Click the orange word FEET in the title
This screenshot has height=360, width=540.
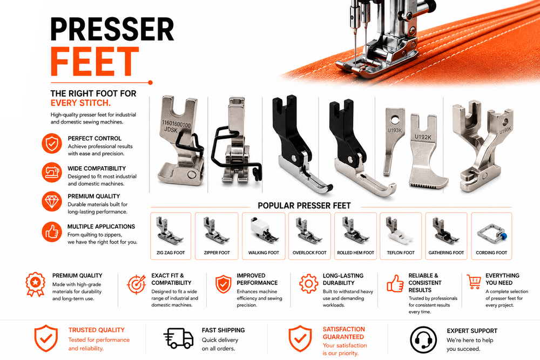pyautogui.click(x=94, y=62)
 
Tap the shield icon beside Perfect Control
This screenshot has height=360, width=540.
pyautogui.click(x=52, y=143)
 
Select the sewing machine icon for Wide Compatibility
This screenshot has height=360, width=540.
pyautogui.click(x=52, y=172)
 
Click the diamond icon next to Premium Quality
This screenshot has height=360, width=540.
pyautogui.click(x=52, y=201)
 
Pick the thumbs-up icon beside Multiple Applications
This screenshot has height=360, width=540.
pyautogui.click(x=52, y=232)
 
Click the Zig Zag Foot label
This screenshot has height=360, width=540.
pyautogui.click(x=171, y=253)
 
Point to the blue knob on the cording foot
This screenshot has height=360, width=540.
pyautogui.click(x=503, y=236)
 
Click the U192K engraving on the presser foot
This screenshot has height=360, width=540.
pyautogui.click(x=423, y=137)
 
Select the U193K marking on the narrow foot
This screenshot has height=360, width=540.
pyautogui.click(x=395, y=131)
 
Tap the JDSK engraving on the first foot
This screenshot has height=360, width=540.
pyautogui.click(x=171, y=130)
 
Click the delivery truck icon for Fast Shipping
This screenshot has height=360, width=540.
pyautogui.click(x=178, y=338)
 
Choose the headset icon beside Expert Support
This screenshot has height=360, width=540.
pyautogui.click(x=423, y=339)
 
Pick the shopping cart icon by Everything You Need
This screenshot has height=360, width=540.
pyautogui.click(x=474, y=281)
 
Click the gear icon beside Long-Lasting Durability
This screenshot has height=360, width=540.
pyautogui.click(x=308, y=283)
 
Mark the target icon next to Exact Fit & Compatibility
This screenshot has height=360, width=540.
pyautogui.click(x=137, y=284)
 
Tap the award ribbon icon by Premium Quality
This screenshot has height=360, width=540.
pyautogui.click(x=35, y=284)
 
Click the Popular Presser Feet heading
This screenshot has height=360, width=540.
pyautogui.click(x=304, y=206)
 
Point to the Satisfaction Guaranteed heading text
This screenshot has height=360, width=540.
pyautogui.click(x=343, y=333)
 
